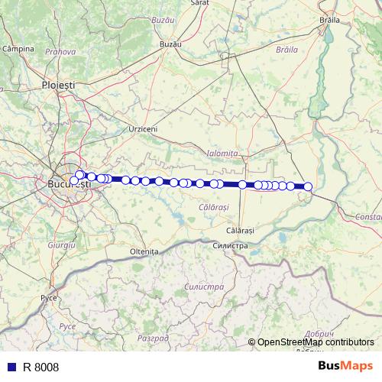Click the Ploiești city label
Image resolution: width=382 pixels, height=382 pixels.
coord(58,86)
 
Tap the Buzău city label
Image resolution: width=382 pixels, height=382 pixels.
coord(170,45)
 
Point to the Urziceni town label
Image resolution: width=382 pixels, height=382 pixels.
coord(144,129)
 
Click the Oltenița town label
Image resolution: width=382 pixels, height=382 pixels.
coord(143,251)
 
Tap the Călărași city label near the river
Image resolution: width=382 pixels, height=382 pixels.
coord(240,230)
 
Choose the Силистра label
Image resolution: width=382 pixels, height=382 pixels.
coord(231,246)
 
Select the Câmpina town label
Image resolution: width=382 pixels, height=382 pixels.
coord(19,49)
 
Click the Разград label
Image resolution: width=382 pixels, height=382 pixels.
coord(152,337)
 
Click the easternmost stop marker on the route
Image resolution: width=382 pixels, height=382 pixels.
coord(308,186)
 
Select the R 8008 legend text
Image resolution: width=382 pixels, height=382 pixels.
coord(40,367)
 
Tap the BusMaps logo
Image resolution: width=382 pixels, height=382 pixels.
coord(345,367)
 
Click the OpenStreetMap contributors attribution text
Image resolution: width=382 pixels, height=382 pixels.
coord(316,343)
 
